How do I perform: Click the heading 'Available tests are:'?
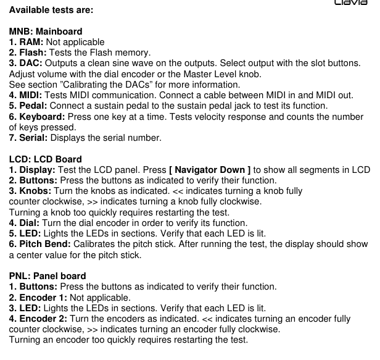coord(52,10)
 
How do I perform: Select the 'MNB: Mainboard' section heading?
coord(46,31)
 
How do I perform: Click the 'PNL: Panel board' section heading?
coord(47,275)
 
